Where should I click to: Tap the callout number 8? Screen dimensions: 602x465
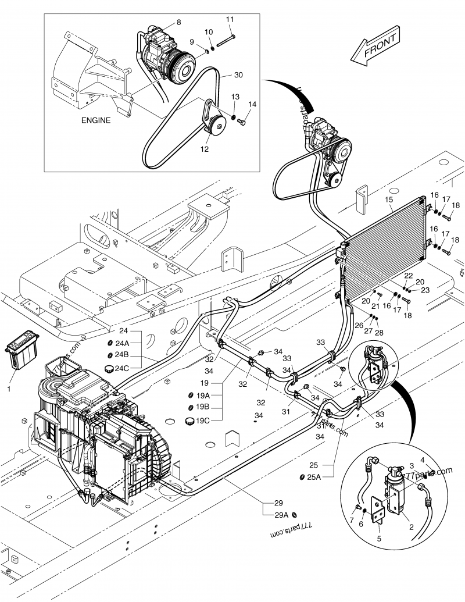[178, 22]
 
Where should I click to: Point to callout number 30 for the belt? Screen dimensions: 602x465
[238, 75]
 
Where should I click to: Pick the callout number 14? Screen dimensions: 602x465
[252, 104]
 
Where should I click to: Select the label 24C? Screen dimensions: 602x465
[122, 368]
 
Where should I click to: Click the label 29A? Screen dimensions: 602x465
[282, 515]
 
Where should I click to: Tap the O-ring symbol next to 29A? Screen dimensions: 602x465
[295, 515]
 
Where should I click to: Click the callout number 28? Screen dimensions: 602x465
[380, 333]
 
